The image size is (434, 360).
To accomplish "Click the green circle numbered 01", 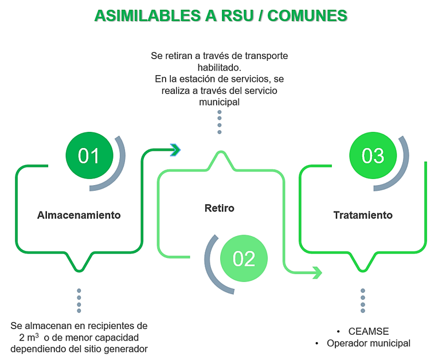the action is pyautogui.click(x=89, y=155).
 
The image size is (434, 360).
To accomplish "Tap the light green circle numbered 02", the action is pyautogui.click(x=244, y=259).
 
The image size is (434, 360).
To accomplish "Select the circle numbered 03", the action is pyautogui.click(x=373, y=155).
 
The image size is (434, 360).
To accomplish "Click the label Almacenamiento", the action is pyautogui.click(x=79, y=215).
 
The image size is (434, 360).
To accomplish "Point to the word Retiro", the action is pyautogui.click(x=220, y=208).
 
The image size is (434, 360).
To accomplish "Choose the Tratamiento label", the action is pyautogui.click(x=363, y=215).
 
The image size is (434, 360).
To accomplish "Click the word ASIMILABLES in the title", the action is pyautogui.click(x=148, y=15).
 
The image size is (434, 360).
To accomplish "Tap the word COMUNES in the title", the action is pyautogui.click(x=307, y=15).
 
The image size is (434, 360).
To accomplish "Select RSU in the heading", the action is pyautogui.click(x=237, y=15).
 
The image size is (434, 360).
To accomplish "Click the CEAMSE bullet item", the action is pyautogui.click(x=369, y=331).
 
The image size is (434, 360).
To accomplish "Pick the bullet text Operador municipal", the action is pyautogui.click(x=369, y=343).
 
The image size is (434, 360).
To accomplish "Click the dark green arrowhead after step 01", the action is pyautogui.click(x=175, y=150).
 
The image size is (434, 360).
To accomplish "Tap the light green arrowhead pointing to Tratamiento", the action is pyautogui.click(x=317, y=273).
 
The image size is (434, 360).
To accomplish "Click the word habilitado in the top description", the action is pyautogui.click(x=218, y=67).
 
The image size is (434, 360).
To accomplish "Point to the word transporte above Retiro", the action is pyautogui.click(x=266, y=56).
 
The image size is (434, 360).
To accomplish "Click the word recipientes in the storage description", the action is pyautogui.click(x=108, y=326).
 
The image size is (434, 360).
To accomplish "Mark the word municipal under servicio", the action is pyautogui.click(x=220, y=102).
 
